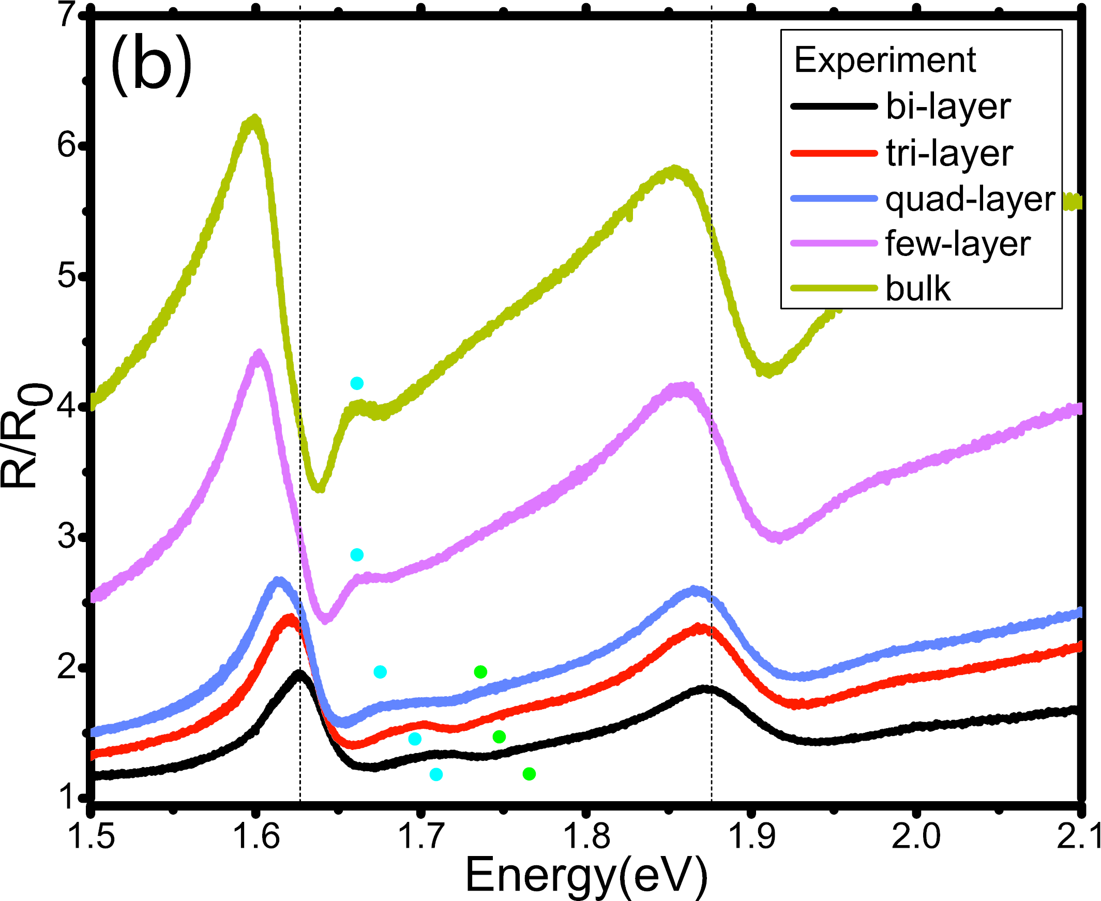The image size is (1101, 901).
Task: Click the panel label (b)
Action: pos(151,64)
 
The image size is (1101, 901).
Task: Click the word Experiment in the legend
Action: pos(885,60)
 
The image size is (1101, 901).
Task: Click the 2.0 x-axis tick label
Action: pos(916,835)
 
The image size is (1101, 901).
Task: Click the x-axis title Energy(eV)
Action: pos(586,875)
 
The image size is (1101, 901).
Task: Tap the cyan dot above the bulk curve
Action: pos(357,384)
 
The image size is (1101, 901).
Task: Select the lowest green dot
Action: pos(529,774)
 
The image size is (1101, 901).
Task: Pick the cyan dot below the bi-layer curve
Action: pos(436,774)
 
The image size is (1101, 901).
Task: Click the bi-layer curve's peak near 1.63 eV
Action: pos(299,672)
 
